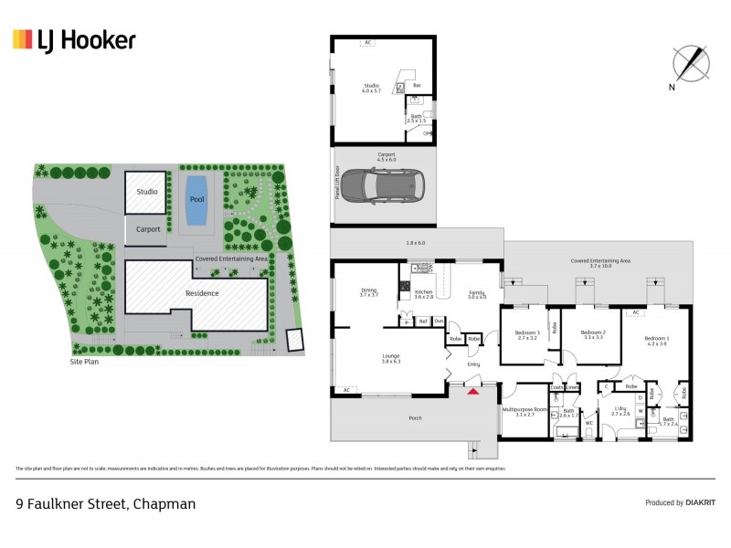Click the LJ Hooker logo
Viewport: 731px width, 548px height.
click(74, 40)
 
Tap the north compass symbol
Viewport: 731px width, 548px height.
click(690, 63)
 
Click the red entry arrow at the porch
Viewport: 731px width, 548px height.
click(472, 392)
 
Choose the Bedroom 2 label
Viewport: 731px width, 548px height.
click(593, 332)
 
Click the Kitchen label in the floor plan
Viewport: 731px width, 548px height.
click(423, 292)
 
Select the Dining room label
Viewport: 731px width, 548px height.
click(368, 291)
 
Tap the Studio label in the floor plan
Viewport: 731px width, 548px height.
click(370, 87)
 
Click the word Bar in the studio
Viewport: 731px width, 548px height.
click(417, 86)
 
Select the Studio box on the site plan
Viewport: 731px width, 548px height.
click(146, 192)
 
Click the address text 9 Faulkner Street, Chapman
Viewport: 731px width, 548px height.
click(106, 503)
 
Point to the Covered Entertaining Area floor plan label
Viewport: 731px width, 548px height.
click(601, 260)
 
